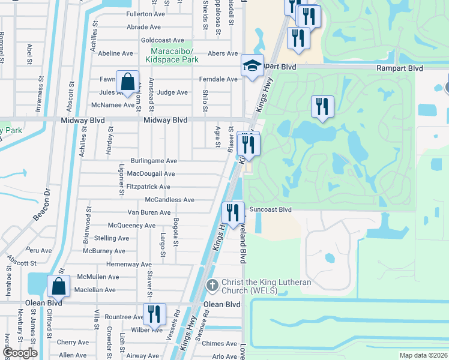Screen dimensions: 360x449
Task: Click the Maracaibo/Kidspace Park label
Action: [174, 55]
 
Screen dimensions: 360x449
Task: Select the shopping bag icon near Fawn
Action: [127, 81]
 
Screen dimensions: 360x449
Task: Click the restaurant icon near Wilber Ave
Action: [154, 314]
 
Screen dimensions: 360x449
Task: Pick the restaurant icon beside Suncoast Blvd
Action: [232, 212]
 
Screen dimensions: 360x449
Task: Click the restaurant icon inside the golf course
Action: [322, 107]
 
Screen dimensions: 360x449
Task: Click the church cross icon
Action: [212, 286]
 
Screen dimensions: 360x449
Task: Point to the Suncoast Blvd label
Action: [271, 210]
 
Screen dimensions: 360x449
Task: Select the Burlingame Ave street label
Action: [155, 161]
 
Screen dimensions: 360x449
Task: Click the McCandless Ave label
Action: [170, 200]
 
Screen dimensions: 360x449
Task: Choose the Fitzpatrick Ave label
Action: [148, 187]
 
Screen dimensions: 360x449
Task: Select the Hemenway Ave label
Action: [129, 264]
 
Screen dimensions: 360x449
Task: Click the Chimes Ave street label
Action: [220, 344]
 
